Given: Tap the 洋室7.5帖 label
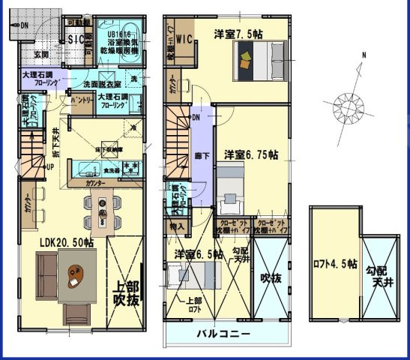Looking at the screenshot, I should coord(238,34).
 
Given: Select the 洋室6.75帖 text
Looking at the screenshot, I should coord(252,154).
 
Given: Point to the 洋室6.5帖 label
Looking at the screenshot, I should coord(199,255).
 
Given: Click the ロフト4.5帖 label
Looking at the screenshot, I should coord(333,262).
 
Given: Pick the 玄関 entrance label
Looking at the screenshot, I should coord(40,54).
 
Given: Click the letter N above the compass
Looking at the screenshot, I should coord(364,55).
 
